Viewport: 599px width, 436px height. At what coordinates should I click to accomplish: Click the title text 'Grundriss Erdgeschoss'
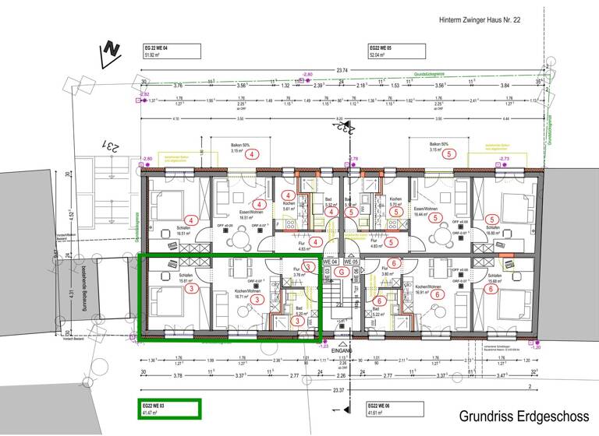(523, 417)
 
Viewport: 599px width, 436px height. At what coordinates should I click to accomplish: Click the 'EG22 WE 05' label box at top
(396, 51)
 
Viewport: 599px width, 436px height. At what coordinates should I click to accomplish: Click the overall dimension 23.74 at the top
(342, 70)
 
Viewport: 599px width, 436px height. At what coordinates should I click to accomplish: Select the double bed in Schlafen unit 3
(165, 300)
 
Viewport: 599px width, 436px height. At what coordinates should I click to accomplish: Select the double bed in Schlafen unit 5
(517, 204)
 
